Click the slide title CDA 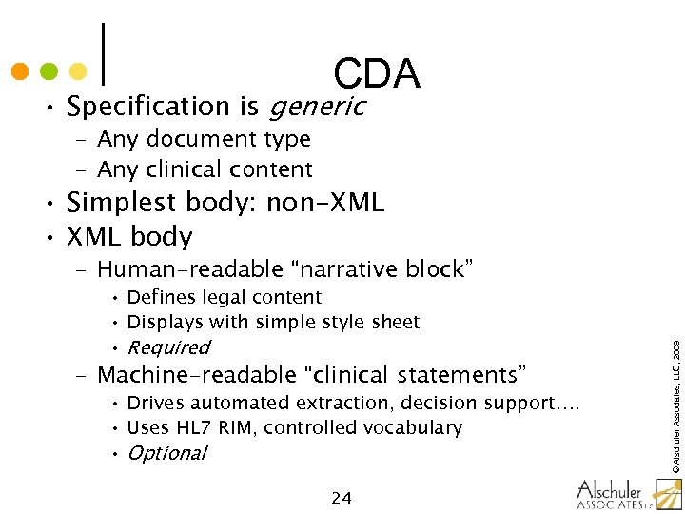(377, 73)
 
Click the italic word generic (318, 107)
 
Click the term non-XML (325, 203)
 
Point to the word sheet (395, 322)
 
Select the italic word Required (168, 347)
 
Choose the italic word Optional (166, 453)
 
